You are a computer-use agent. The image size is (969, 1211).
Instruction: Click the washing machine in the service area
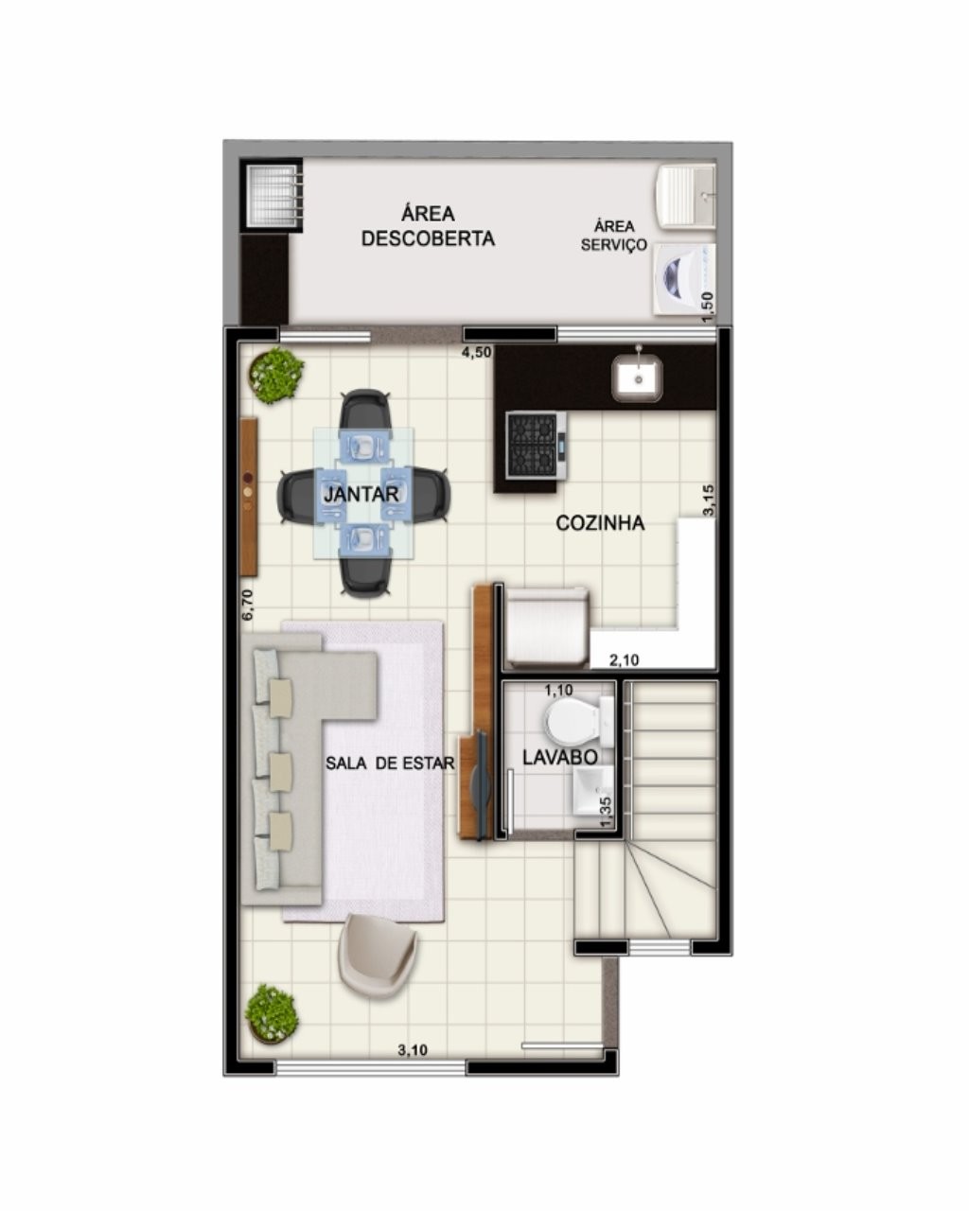click(x=682, y=276)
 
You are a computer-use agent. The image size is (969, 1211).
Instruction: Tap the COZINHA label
click(x=600, y=523)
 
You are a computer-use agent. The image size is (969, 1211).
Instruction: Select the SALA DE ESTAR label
click(x=390, y=763)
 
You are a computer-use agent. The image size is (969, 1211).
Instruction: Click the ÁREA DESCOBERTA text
click(x=428, y=226)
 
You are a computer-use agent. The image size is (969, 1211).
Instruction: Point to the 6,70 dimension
click(x=248, y=605)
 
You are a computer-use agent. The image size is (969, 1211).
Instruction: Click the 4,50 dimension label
click(x=477, y=353)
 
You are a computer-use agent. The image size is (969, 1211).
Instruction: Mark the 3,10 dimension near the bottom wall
click(x=413, y=1049)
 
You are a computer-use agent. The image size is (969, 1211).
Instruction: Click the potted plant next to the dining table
click(x=275, y=375)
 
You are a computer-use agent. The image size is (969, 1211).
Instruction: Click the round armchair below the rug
click(x=378, y=955)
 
